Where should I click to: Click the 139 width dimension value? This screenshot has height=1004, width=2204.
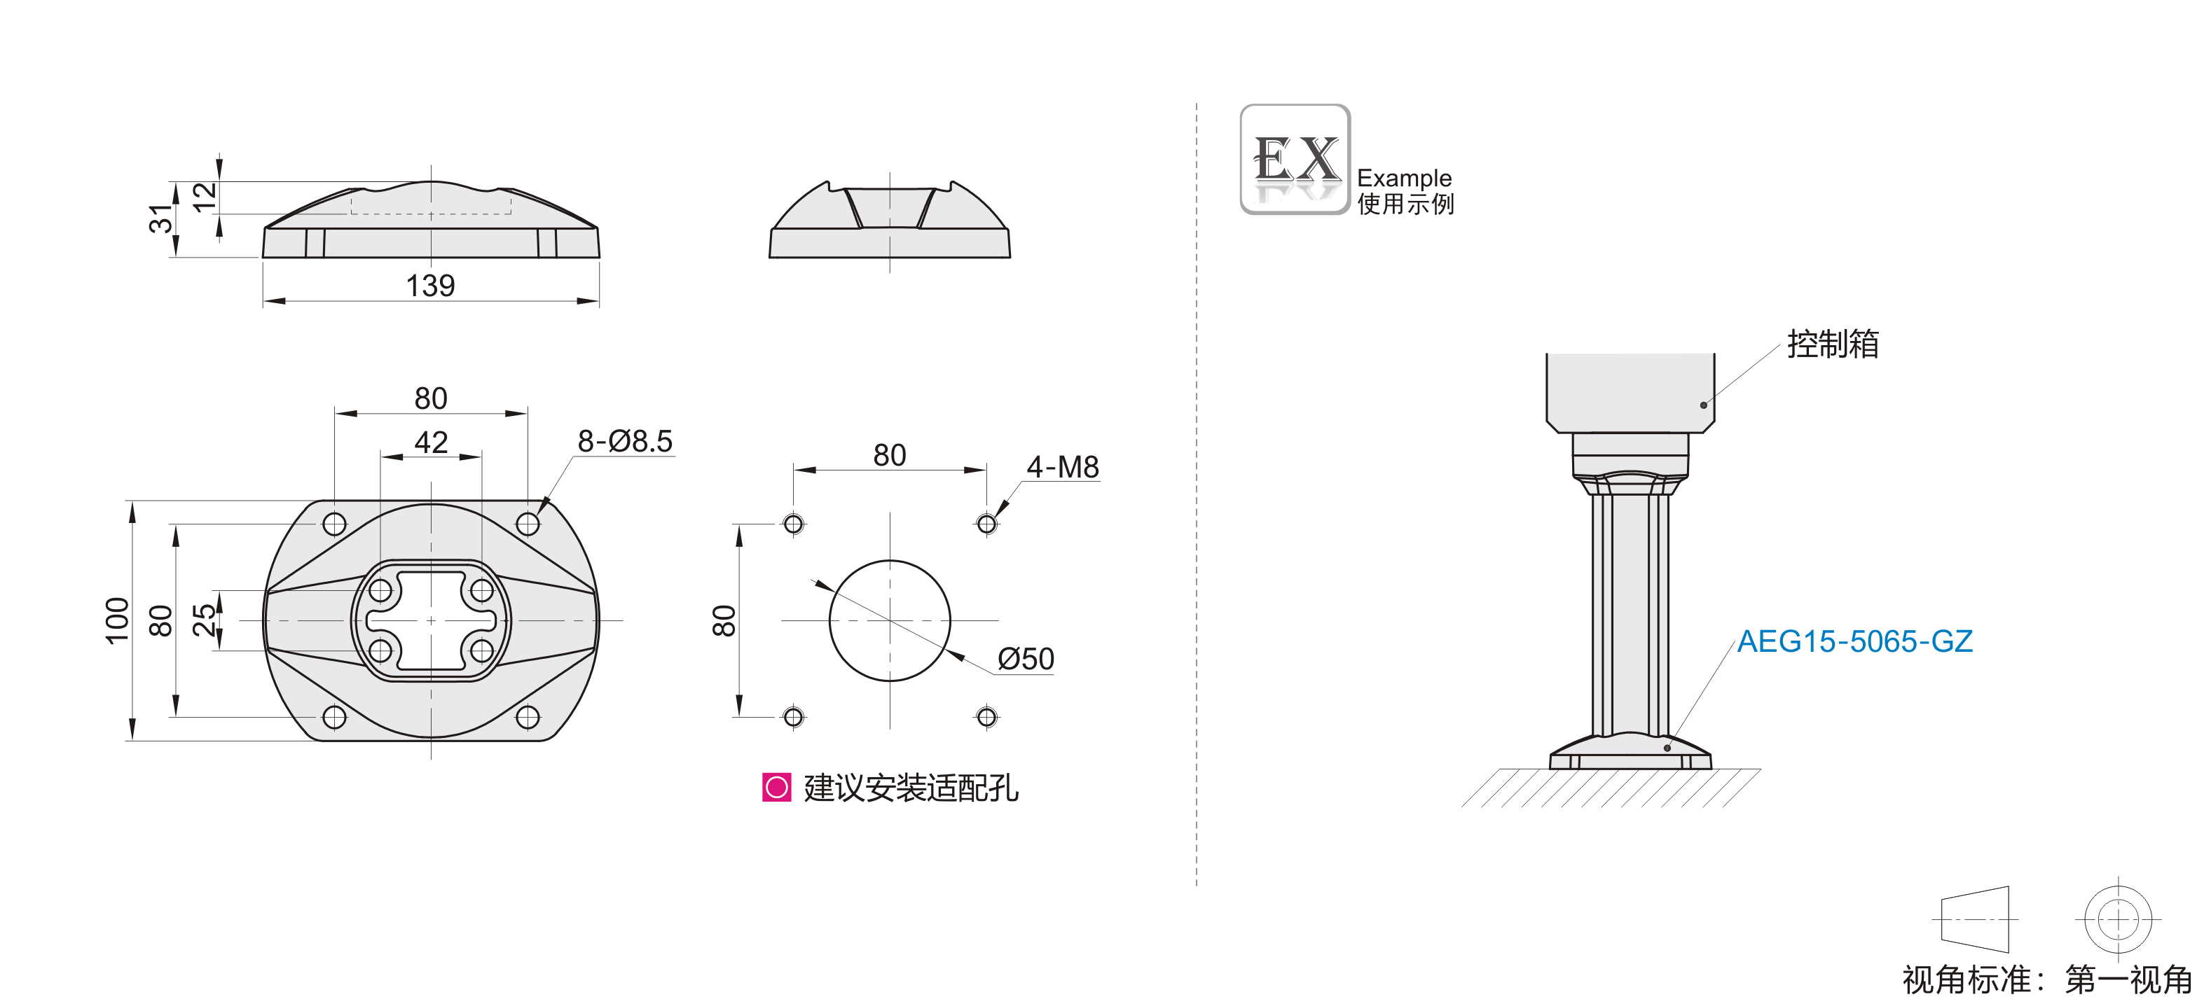click(429, 286)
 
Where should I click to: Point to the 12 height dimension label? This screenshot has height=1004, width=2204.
click(205, 197)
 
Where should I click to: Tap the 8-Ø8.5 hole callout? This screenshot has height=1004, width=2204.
click(625, 441)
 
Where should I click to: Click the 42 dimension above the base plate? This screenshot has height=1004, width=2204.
click(430, 442)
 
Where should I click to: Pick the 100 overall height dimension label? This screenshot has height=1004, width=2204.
click(117, 620)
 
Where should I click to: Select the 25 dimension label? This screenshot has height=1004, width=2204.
click(205, 620)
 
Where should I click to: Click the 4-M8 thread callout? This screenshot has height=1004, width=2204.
click(1063, 467)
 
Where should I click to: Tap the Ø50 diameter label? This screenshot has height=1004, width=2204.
click(1026, 660)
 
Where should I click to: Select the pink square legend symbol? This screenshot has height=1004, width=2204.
click(776, 787)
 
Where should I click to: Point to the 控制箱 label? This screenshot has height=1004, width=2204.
click(1833, 344)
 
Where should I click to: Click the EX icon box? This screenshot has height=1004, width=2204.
click(1295, 159)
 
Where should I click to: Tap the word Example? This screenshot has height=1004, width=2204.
click(1404, 178)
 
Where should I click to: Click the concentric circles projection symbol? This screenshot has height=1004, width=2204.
click(2118, 919)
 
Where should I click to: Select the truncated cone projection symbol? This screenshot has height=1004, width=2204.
click(1975, 919)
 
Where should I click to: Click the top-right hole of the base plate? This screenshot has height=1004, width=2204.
click(528, 524)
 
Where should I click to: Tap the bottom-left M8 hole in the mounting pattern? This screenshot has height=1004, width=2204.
click(793, 717)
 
